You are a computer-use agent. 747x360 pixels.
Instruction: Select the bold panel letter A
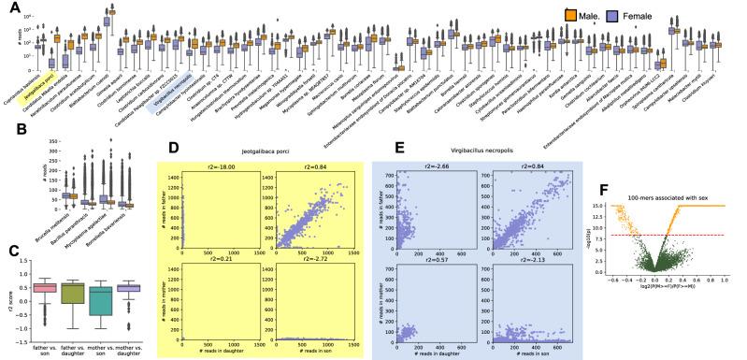coord(8,7)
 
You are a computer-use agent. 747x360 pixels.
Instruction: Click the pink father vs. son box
coord(40,287)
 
